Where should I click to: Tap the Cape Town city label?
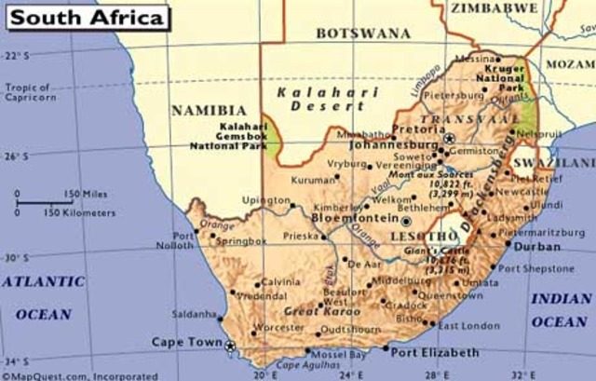click(x=187, y=342)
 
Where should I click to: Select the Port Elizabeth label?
click(x=434, y=353)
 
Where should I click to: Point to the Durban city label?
click(x=537, y=247)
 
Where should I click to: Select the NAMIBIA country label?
click(x=209, y=110)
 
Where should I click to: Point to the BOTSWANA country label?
click(x=362, y=33)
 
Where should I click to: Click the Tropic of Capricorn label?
click(x=28, y=93)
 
